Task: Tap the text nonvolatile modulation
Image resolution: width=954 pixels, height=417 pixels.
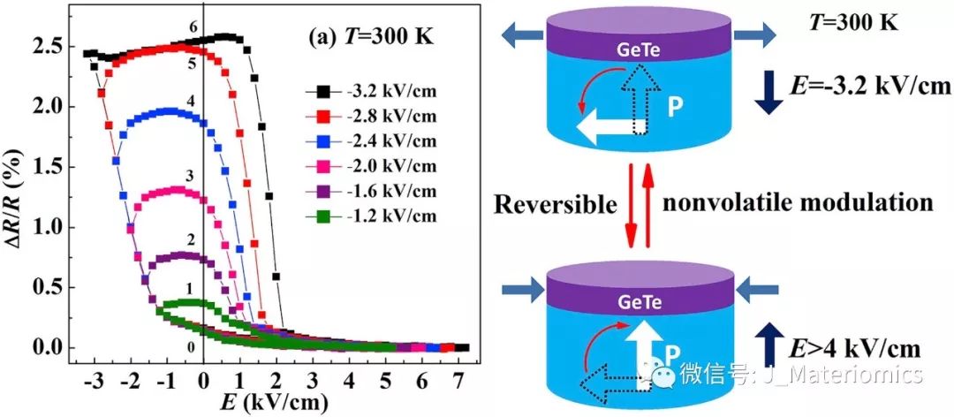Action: [x=798, y=202]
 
